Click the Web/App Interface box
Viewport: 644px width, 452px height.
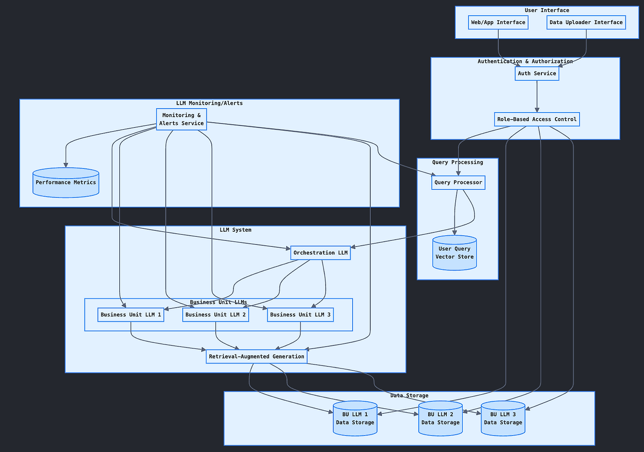pos(498,23)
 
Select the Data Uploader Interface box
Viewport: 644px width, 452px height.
pos(586,23)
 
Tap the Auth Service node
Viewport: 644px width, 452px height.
pos(537,73)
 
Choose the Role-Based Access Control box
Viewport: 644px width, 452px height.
pos(537,120)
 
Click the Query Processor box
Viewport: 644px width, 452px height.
pos(458,183)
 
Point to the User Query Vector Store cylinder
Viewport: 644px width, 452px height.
pos(454,253)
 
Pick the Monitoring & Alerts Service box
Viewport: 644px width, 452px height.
pos(182,119)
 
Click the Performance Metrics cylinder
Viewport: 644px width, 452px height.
pos(66,183)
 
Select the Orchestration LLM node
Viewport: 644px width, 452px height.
pos(320,253)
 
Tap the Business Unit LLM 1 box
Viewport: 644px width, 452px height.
pos(131,315)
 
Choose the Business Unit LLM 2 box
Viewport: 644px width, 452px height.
pos(216,315)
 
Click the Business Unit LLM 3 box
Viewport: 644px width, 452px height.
pos(300,315)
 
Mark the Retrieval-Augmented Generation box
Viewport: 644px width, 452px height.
pos(257,356)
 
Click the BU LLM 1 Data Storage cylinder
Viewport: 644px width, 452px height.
pos(355,418)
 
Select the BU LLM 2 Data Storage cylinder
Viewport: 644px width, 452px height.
pos(440,418)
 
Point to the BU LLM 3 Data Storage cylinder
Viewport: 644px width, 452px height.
pos(503,418)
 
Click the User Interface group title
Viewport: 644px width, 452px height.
pos(547,11)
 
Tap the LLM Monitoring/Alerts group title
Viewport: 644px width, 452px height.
pos(209,104)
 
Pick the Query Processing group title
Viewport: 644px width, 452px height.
pos(457,162)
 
